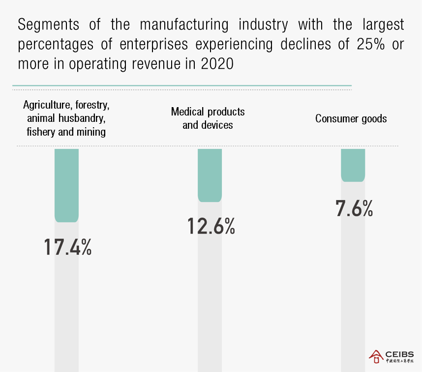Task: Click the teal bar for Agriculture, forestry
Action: click(66, 185)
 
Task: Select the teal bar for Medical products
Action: click(210, 175)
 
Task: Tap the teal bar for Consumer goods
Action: click(353, 165)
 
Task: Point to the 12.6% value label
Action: click(211, 226)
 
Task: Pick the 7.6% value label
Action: click(354, 208)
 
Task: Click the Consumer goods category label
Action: click(351, 118)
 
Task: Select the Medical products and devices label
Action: click(208, 118)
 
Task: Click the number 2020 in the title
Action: click(217, 64)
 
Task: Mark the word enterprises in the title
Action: click(153, 44)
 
